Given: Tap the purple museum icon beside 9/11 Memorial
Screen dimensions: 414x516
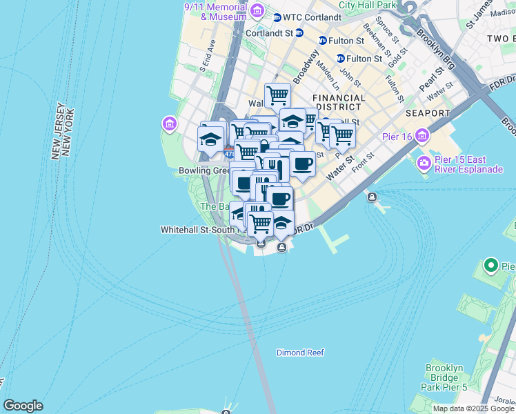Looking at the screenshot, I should click(257, 11).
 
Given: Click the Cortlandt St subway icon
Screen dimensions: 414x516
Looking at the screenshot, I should click(299, 32).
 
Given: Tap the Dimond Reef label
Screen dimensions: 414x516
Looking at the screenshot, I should click(300, 353).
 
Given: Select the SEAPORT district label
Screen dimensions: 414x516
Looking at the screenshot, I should click(428, 113).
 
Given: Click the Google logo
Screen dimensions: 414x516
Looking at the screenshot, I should click(23, 406).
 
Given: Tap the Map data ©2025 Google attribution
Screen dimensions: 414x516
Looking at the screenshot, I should click(474, 408).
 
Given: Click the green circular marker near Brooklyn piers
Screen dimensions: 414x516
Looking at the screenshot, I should click(491, 265).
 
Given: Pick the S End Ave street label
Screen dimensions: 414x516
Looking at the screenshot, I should click(208, 56).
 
